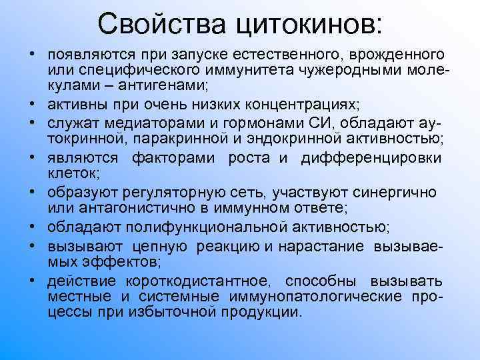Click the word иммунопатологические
click(323, 295)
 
